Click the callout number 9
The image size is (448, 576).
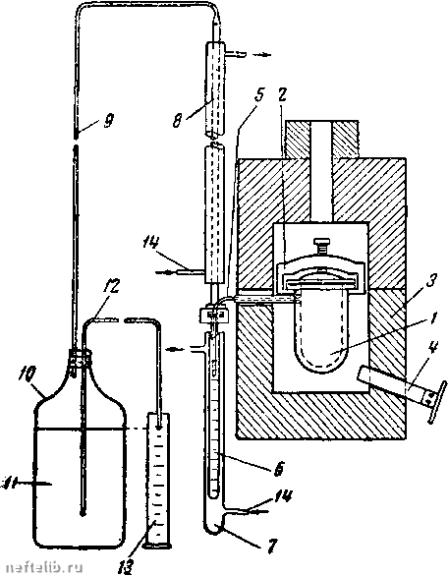coord(109,120)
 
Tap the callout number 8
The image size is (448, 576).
coord(178,120)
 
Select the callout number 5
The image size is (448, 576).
coord(259,95)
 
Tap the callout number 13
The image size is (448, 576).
coord(126,564)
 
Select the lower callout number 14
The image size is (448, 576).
coord(282,497)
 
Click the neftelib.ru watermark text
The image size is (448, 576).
coord(44,567)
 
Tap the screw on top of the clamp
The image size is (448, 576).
coord(322,245)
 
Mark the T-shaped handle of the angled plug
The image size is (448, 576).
coord(438,401)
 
